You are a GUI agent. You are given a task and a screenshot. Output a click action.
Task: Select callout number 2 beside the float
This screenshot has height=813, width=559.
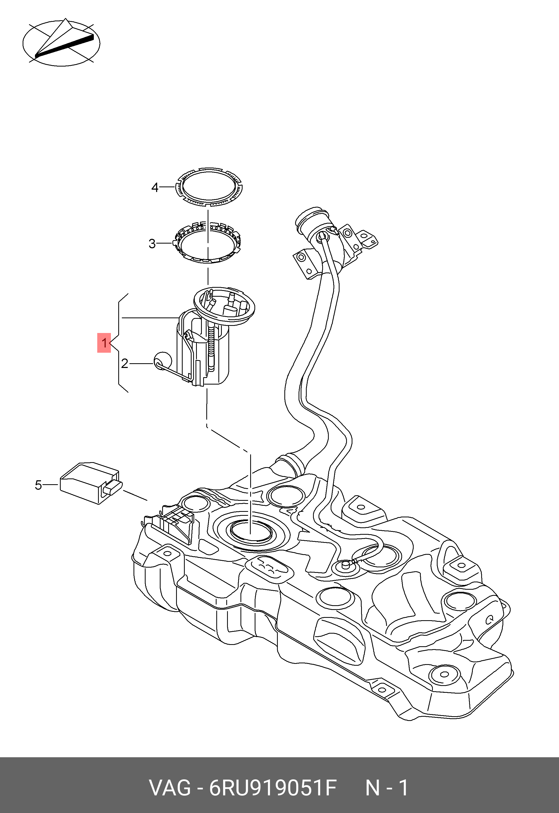coord(124,364)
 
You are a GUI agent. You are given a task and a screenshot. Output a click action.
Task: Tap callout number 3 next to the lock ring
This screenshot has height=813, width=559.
coord(152,243)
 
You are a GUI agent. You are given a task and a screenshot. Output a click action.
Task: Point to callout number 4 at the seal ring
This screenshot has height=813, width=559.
coord(155,188)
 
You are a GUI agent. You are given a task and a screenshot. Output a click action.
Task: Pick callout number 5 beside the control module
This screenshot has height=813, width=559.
coord(38,485)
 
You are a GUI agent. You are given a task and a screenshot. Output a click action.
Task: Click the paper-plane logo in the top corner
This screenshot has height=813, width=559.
coord(61,43)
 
